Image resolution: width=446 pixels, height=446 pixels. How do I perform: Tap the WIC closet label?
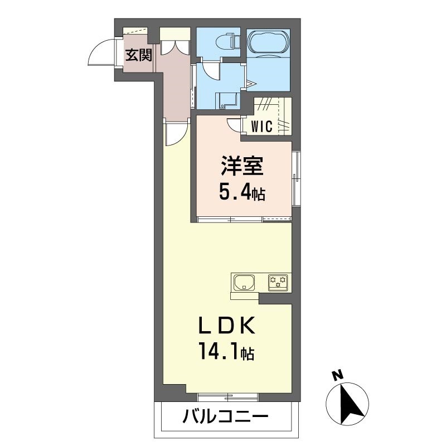coord(261,126)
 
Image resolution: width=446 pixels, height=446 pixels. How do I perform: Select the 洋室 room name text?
coord(241,166)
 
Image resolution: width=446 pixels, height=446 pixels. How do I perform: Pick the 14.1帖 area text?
coord(225,351)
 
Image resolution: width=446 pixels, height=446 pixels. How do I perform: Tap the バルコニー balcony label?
coord(225,416)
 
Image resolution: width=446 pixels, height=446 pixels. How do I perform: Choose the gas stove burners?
coord(278,282)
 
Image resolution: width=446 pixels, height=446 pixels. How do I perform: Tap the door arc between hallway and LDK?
coord(176,134)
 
